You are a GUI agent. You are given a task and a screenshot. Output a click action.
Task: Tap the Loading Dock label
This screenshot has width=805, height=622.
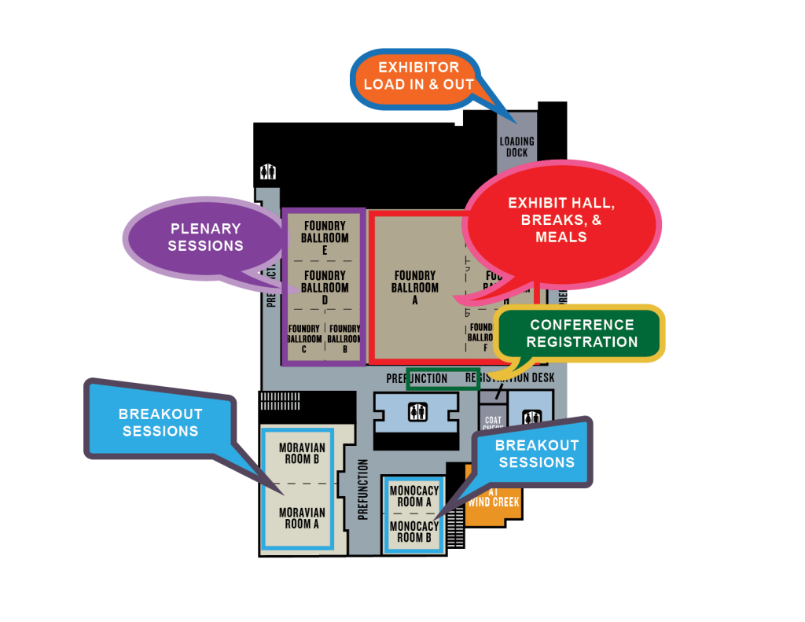click(516, 147)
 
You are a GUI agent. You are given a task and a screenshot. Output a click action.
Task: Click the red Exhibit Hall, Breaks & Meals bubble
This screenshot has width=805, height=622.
click(561, 219)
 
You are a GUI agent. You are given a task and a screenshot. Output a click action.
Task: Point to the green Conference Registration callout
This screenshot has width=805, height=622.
click(582, 333)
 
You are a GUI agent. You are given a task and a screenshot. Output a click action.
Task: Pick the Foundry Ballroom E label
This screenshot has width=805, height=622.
click(324, 238)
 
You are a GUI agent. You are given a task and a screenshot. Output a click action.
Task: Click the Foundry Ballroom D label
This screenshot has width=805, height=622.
click(324, 288)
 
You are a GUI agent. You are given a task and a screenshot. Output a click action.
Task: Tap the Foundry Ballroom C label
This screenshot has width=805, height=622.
click(303, 339)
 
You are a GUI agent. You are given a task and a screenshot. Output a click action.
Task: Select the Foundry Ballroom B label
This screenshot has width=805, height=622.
click(344, 339)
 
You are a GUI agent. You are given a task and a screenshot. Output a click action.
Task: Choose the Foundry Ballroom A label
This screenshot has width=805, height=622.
click(414, 288)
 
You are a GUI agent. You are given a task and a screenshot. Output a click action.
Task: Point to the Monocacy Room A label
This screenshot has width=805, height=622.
click(414, 496)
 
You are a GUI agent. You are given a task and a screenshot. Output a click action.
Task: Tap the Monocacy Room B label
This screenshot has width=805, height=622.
click(414, 532)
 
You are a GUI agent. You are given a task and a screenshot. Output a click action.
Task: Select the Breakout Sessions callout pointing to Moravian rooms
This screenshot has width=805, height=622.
click(160, 422)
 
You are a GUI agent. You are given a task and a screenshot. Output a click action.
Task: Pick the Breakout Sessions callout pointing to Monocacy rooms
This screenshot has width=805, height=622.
click(536, 454)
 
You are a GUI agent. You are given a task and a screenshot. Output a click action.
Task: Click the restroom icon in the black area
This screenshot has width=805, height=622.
click(268, 172)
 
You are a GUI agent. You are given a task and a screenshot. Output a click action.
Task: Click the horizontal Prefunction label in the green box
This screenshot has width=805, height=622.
click(417, 378)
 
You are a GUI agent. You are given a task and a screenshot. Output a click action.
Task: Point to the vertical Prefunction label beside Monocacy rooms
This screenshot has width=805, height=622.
click(363, 489)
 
